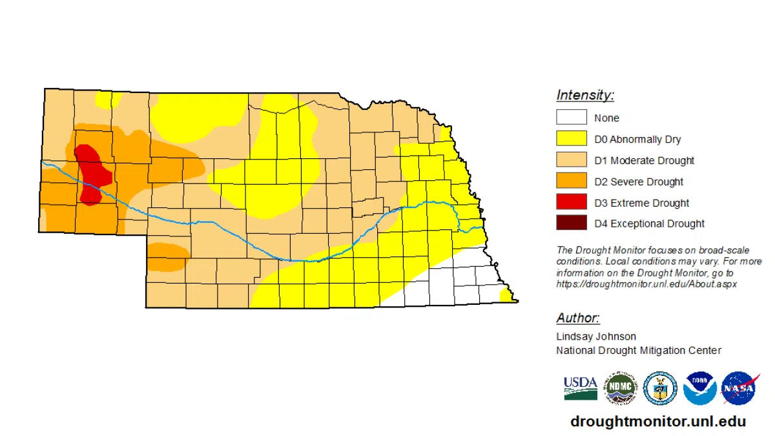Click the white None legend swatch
572,118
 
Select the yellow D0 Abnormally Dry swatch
572,139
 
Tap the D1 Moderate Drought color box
572,160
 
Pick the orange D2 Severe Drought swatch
572,182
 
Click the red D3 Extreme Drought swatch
572,203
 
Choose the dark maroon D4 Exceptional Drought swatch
572,223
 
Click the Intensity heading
585,96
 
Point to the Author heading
578,318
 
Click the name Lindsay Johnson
596,337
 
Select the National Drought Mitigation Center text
639,351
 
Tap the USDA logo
580,388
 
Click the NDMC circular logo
620,389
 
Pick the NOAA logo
700,389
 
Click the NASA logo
740,389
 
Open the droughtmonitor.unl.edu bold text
658,422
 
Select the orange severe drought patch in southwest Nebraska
166,256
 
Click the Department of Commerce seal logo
660,389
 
